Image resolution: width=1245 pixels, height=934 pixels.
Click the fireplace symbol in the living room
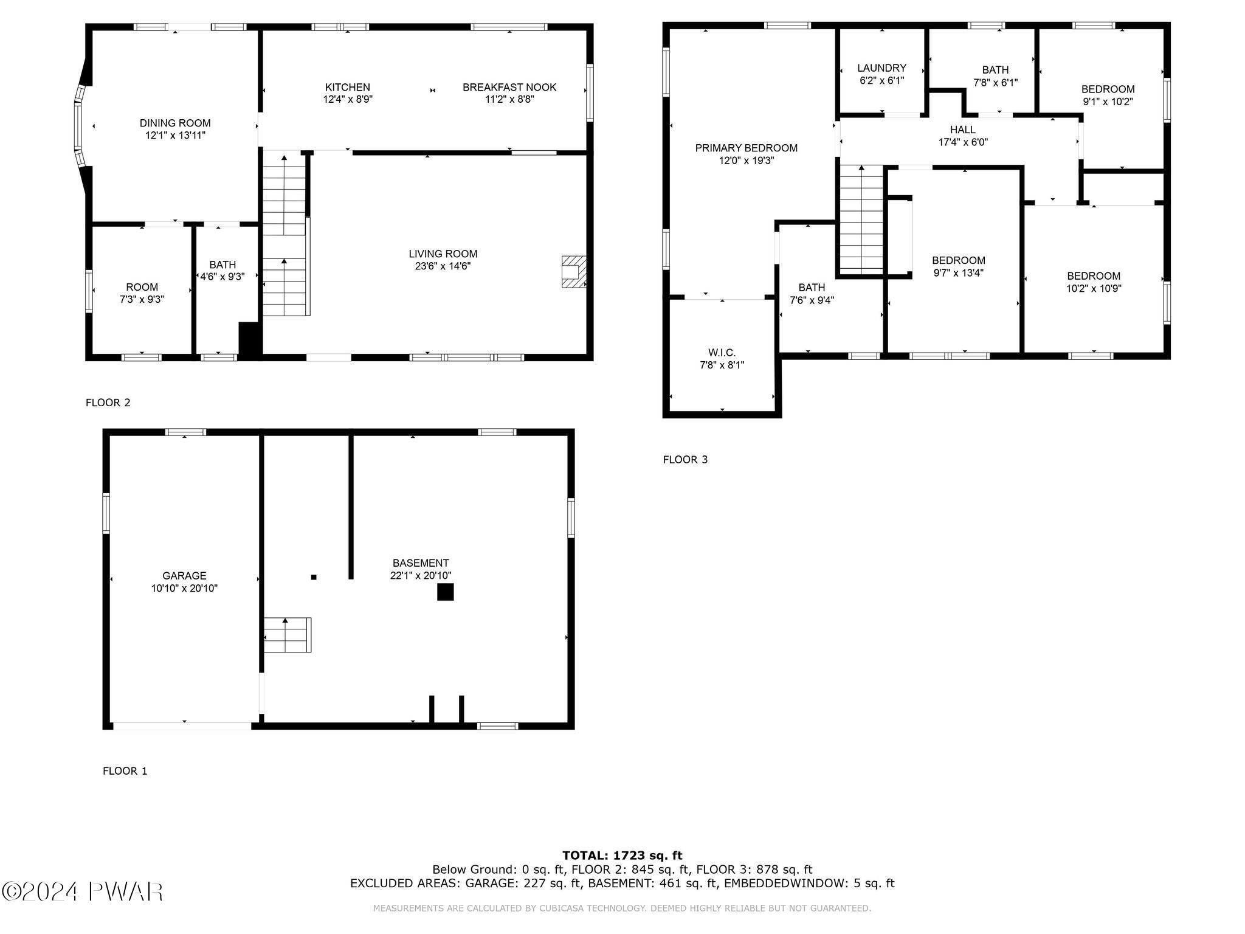[573, 272]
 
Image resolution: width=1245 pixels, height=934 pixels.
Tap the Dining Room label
[175, 123]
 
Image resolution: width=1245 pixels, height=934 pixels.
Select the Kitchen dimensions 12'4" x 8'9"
[348, 100]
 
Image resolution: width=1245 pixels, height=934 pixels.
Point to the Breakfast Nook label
[509, 87]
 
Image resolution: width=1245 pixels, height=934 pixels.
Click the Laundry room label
[881, 68]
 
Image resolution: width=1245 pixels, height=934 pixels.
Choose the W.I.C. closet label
[722, 353]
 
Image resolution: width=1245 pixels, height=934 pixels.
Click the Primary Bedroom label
[746, 148]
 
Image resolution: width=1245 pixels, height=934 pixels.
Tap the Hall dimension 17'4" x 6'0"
[963, 142]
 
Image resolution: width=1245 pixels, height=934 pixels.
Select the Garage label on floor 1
[184, 575]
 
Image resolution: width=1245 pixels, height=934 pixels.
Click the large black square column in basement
[446, 592]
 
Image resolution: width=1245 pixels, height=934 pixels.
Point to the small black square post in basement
[314, 577]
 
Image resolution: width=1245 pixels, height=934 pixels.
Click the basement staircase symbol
[288, 635]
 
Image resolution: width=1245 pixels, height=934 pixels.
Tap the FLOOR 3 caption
[685, 460]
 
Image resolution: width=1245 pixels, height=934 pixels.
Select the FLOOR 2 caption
[108, 403]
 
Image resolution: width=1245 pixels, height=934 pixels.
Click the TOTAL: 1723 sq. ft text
[622, 856]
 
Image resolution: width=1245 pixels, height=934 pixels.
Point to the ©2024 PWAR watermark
[83, 891]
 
